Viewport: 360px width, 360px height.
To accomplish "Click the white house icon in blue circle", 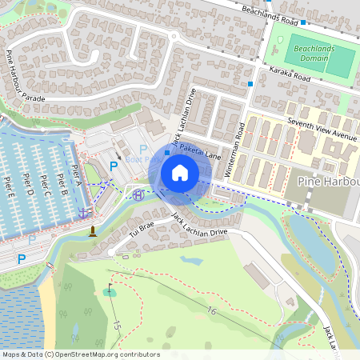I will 180,173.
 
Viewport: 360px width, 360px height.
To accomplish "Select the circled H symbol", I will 138,194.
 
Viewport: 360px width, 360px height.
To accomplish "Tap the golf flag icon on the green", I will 109,290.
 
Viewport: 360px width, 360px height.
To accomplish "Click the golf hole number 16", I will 210,310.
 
